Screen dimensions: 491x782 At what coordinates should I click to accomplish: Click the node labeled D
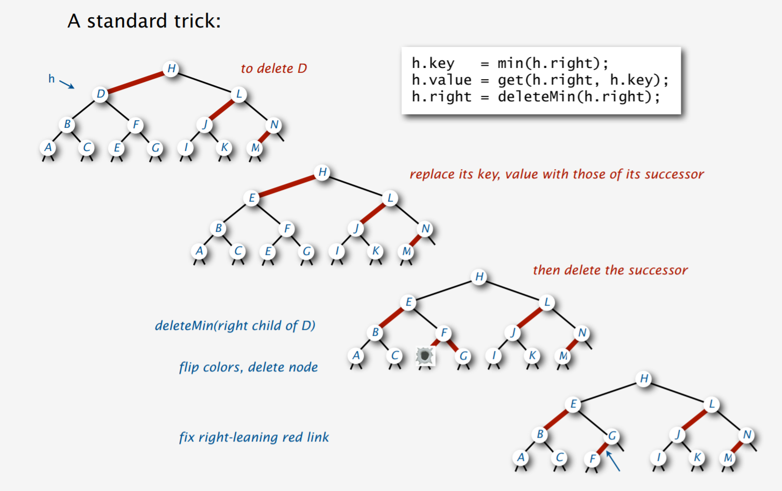pos(101,94)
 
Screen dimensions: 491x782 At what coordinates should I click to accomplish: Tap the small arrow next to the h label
pos(67,84)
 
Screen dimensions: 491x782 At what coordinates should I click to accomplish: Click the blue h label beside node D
pos(52,79)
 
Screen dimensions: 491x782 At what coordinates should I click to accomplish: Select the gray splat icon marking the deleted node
pos(425,356)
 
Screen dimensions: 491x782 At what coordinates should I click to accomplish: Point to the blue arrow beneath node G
pos(613,461)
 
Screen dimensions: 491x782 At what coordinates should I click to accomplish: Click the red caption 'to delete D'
pos(273,68)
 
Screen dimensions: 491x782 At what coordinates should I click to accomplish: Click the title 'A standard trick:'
pos(144,21)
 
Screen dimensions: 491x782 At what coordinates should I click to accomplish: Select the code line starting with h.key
pos(510,63)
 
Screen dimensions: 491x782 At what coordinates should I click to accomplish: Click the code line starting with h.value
pos(540,80)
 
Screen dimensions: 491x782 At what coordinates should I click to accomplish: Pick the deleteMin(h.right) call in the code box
pos(578,96)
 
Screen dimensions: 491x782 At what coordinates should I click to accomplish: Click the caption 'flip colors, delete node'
pos(248,367)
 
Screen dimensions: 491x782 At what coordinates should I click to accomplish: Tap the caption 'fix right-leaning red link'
pos(254,437)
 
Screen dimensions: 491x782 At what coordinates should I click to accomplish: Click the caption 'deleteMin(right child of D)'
pos(235,326)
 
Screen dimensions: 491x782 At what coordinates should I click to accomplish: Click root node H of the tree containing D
pos(171,68)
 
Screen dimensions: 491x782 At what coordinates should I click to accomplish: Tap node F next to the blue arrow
pos(592,459)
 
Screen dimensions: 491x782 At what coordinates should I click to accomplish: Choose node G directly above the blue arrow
pos(612,435)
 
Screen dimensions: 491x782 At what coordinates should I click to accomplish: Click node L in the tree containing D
pos(239,94)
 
